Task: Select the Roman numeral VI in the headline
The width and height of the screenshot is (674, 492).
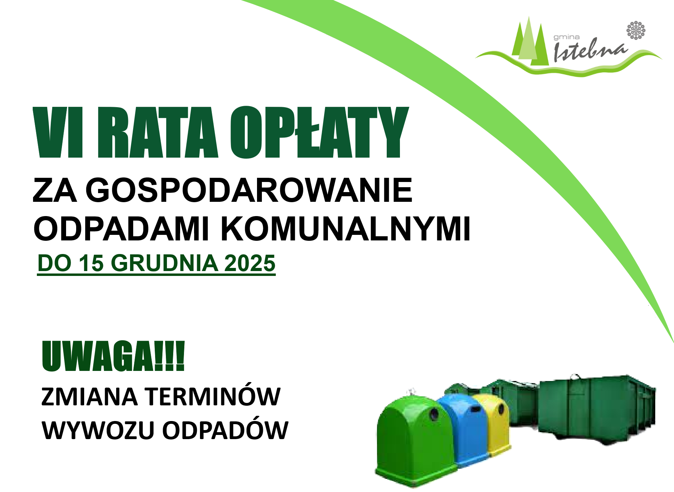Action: click(x=58, y=132)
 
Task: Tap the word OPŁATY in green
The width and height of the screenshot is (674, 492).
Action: click(x=319, y=132)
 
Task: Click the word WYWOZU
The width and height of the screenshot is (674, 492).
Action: click(x=98, y=430)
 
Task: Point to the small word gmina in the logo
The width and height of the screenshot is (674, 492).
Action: click(x=567, y=37)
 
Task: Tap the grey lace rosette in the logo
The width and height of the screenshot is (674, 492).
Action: click(x=636, y=30)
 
